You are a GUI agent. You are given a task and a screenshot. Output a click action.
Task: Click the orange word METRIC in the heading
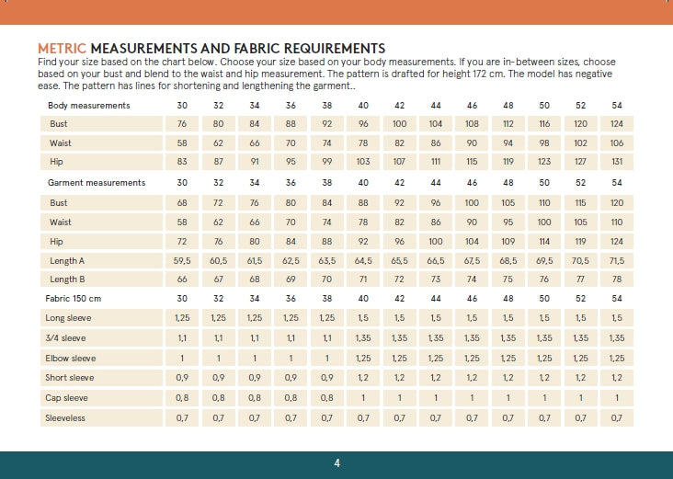62,48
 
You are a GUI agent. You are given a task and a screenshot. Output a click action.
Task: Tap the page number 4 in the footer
337,462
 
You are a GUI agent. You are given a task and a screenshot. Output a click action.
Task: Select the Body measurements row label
88,106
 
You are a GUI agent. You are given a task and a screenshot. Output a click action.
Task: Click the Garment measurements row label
96,183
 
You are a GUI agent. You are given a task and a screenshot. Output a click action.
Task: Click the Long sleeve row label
68,318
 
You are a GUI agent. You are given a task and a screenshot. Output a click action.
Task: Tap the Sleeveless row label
66,417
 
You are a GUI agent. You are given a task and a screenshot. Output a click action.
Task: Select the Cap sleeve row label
66,398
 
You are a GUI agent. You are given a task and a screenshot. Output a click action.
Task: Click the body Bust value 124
616,124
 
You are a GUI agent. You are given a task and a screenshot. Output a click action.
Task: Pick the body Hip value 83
182,163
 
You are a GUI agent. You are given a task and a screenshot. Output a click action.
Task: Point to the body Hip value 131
616,163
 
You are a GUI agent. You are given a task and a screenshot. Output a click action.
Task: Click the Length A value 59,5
182,261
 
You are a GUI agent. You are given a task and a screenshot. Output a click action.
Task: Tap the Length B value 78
616,279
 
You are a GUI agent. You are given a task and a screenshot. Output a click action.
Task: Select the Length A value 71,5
616,261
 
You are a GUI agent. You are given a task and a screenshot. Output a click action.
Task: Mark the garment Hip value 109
508,241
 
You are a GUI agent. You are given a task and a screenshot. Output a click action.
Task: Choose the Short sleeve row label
69,378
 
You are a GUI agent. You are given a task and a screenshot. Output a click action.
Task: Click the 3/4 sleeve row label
66,338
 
